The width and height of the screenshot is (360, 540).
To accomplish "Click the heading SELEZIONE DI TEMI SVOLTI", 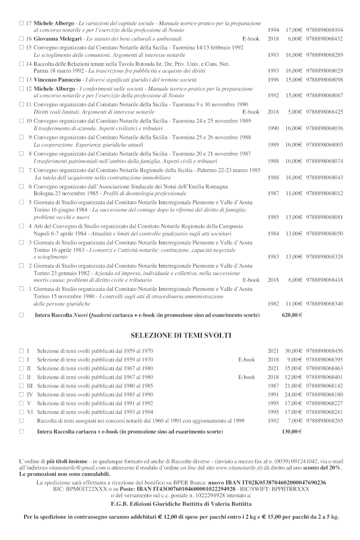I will [x=181, y=335].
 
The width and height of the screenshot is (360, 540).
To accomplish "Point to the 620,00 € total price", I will [x=292, y=315].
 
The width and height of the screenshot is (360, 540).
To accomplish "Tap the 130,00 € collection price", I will [x=292, y=431].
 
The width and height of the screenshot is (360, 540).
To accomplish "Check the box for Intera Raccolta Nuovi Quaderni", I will [x=21, y=315].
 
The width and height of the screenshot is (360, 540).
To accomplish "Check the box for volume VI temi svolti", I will [x=21, y=412].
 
